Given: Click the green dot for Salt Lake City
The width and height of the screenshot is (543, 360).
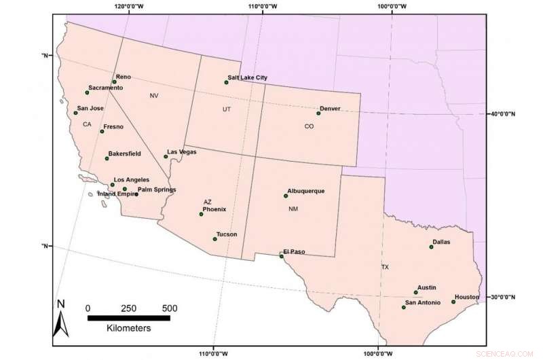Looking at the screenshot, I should tap(226, 82).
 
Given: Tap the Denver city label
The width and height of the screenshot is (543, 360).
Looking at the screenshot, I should tap(330, 109).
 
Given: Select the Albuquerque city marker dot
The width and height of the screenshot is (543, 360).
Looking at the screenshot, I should tap(285, 196).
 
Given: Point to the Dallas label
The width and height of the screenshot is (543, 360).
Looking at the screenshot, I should tap(441, 241).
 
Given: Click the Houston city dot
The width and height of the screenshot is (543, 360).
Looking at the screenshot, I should tap(453, 302).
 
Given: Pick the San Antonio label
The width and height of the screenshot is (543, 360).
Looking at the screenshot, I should tap(423, 302).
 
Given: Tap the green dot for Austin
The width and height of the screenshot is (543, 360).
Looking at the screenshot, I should tap(416, 293).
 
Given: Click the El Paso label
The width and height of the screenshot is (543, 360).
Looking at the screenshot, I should tap(295, 251).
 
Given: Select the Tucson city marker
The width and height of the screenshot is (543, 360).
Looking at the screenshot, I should tap(214, 239).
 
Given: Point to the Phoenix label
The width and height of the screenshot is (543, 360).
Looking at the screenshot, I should tap(214, 209).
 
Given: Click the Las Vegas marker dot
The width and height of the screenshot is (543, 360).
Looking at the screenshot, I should tap(166, 157).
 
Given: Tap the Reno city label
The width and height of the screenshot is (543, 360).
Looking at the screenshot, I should tap(124, 77).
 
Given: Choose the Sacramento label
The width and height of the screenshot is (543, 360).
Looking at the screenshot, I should tap(106, 88).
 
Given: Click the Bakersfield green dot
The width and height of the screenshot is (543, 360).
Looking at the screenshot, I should tap(107, 158).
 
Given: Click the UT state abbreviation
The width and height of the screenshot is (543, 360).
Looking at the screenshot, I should tap(227, 109).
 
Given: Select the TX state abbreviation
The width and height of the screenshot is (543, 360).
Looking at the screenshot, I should tap(385, 267).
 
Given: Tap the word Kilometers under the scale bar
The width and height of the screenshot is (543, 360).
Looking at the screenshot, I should tap(128, 327).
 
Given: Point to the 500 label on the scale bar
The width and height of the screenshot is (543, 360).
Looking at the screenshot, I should tap(169, 307).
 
